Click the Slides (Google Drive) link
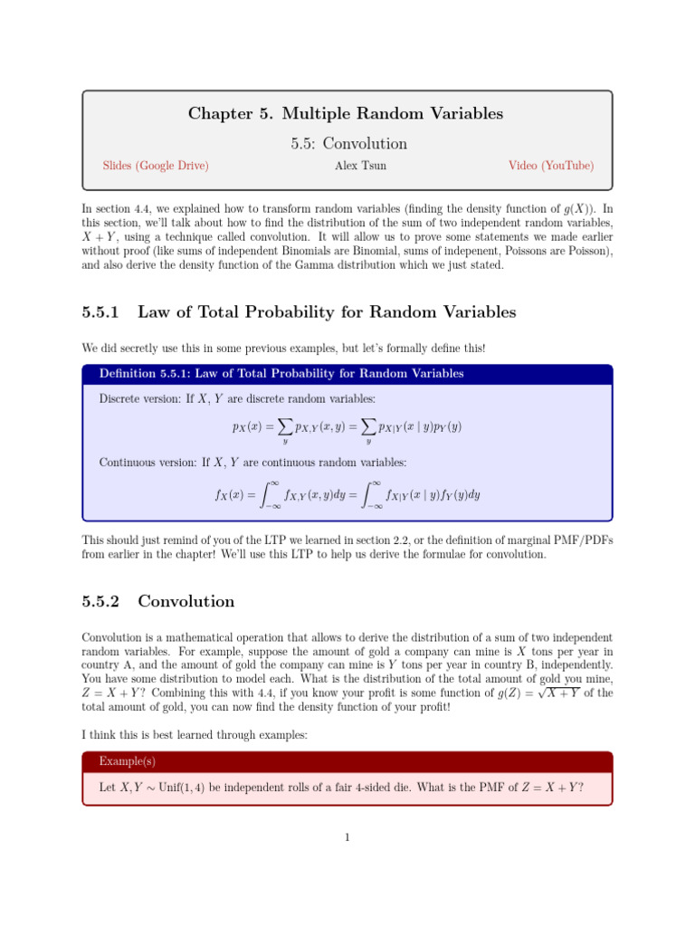click(156, 166)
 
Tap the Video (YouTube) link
click(551, 166)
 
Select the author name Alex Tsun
click(347, 166)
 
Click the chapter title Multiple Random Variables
click(392, 114)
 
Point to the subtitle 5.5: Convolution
click(347, 143)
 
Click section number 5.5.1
click(101, 312)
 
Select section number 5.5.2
click(101, 602)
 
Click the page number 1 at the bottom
click(347, 836)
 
